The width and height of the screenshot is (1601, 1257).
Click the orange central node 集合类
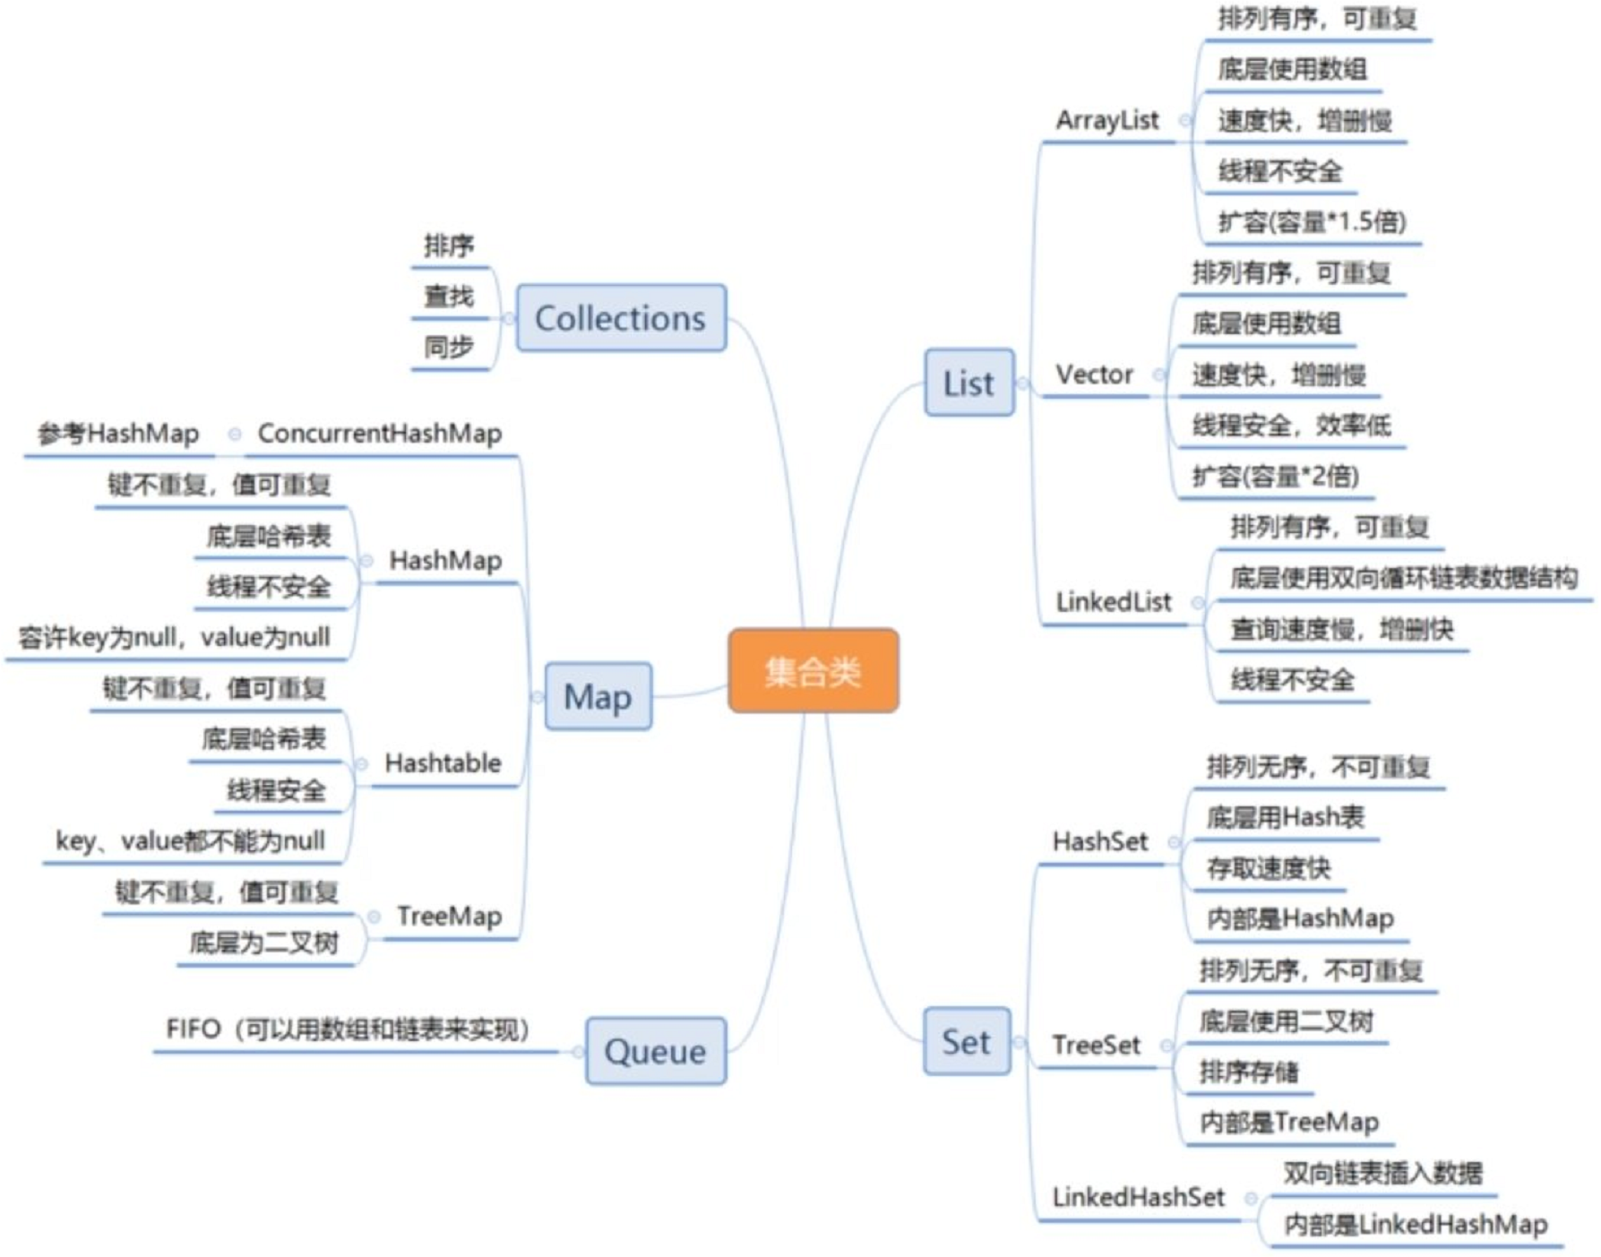pos(813,671)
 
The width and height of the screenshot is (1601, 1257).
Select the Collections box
pos(621,318)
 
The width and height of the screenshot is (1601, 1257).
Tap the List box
pos(968,383)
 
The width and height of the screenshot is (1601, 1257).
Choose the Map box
pos(598,696)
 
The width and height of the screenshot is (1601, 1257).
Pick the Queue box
pos(655,1051)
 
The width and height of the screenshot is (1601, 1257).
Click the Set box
pos(966,1042)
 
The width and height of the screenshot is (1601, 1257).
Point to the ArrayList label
pos(1106,120)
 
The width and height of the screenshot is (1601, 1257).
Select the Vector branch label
pos(1094,375)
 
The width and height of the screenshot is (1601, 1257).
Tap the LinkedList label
pos(1113,602)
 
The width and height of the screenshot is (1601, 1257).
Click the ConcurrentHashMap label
pos(379,434)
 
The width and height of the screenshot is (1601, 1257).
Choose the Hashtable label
pos(443,763)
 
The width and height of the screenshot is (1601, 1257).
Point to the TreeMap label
pos(449,917)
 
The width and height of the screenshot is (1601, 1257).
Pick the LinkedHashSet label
pos(1138,1197)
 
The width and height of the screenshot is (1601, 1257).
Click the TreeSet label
pos(1096,1045)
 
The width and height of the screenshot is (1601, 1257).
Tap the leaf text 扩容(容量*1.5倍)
pos(1312,221)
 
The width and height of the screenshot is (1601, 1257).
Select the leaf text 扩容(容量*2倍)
pos(1275,476)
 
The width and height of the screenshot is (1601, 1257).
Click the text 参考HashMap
pos(118,434)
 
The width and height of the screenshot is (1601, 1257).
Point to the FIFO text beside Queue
pos(348,1029)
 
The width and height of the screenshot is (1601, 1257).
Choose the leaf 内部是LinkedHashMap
pos(1416,1224)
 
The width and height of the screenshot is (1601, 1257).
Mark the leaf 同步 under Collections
pos(449,347)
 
